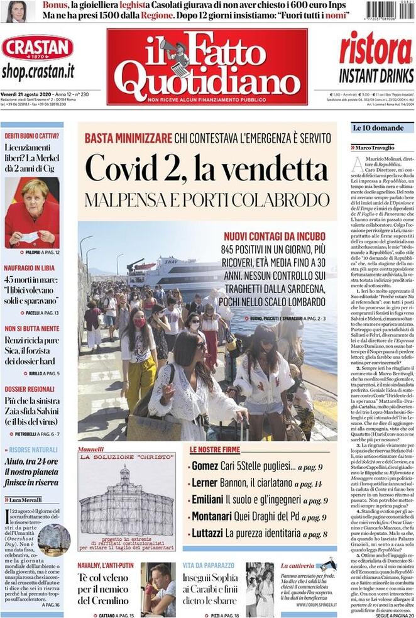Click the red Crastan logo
pyautogui.click(x=37, y=48)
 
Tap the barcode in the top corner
pyautogui.click(x=389, y=11)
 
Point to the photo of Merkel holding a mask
pyautogui.click(x=31, y=212)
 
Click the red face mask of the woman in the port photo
pyautogui.click(x=140, y=323)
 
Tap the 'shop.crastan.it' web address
pyautogui.click(x=38, y=71)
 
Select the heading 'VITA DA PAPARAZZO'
pyautogui.click(x=209, y=566)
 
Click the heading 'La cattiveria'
pyautogui.click(x=297, y=566)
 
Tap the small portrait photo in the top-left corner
pyautogui.click(x=16, y=11)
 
